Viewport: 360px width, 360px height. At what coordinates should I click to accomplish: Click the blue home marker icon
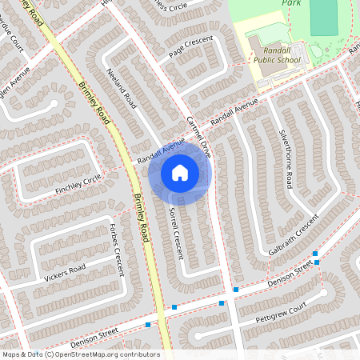point(180,172)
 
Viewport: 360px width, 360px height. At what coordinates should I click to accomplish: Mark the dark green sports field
point(324,16)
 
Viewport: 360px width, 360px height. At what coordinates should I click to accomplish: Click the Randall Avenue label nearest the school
point(235,112)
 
